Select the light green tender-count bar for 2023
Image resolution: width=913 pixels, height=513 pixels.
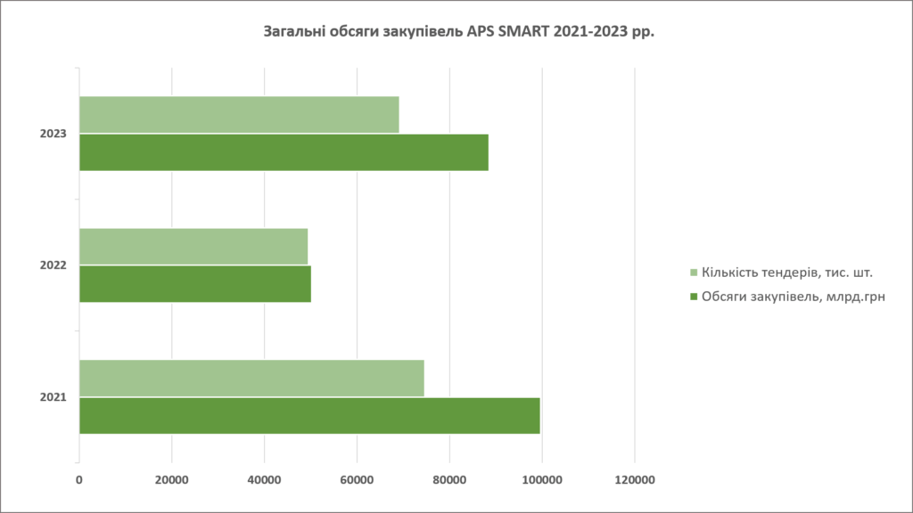pyautogui.click(x=239, y=114)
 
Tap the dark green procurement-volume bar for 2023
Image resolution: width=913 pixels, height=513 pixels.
pyautogui.click(x=284, y=152)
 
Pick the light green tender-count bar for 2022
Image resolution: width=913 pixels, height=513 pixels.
pyautogui.click(x=193, y=246)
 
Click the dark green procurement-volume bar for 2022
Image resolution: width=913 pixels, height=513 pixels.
pyautogui.click(x=195, y=284)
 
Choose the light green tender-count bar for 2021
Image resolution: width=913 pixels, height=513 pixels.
pyautogui.click(x=251, y=378)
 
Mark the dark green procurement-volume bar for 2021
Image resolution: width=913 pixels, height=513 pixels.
pyautogui.click(x=309, y=416)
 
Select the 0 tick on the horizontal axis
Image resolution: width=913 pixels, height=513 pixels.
pyautogui.click(x=79, y=481)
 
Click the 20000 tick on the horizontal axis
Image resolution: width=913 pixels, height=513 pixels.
pyautogui.click(x=171, y=481)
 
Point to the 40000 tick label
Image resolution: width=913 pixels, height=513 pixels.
pyautogui.click(x=264, y=481)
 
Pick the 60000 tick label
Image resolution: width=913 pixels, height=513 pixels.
pyautogui.click(x=357, y=481)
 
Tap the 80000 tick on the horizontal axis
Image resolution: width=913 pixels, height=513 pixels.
pyautogui.click(x=449, y=481)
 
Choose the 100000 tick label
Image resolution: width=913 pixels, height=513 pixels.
pyautogui.click(x=542, y=481)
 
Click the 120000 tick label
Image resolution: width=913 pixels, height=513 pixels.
pyautogui.click(x=634, y=481)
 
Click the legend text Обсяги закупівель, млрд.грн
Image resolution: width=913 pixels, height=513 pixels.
pyautogui.click(x=794, y=296)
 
